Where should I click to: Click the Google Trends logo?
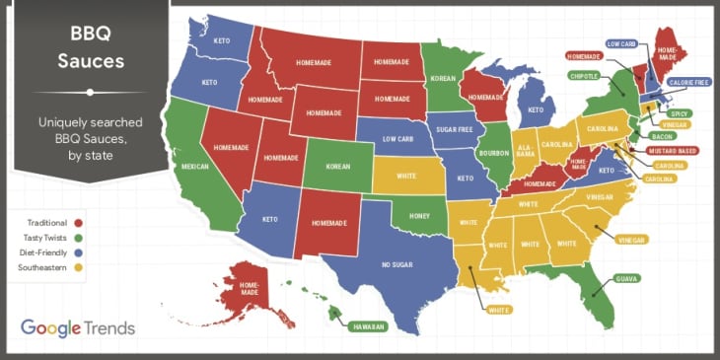(77, 327)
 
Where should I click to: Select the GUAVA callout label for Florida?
(627, 279)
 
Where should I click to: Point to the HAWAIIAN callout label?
(367, 326)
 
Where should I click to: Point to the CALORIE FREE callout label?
(688, 82)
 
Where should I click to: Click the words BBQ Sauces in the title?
(89, 48)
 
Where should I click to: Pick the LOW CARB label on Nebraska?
(396, 139)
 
